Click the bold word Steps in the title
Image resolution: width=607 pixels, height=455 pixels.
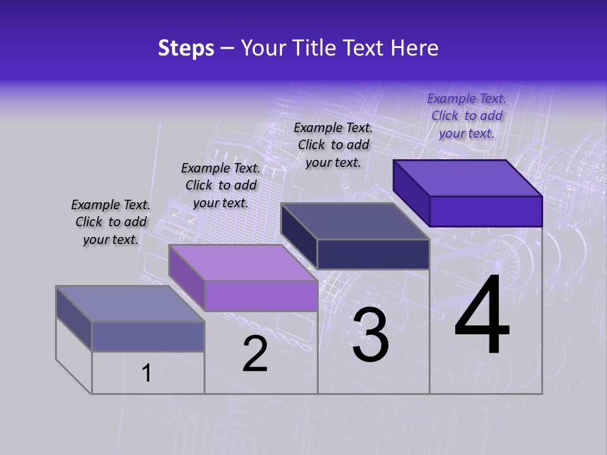(186, 48)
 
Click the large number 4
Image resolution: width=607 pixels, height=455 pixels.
(482, 316)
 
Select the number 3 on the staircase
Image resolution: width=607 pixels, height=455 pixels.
(371, 335)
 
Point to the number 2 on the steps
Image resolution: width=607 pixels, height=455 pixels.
(255, 354)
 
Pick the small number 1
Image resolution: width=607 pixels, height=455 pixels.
(146, 373)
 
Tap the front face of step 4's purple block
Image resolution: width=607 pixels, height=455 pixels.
(486, 211)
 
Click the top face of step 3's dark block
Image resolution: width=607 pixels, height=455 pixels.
(354, 221)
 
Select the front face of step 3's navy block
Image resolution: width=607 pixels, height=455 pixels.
(373, 254)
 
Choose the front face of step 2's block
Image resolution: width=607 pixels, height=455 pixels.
(261, 296)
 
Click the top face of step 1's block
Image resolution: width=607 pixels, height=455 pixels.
(130, 303)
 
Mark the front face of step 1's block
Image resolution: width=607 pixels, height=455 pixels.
(148, 336)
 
